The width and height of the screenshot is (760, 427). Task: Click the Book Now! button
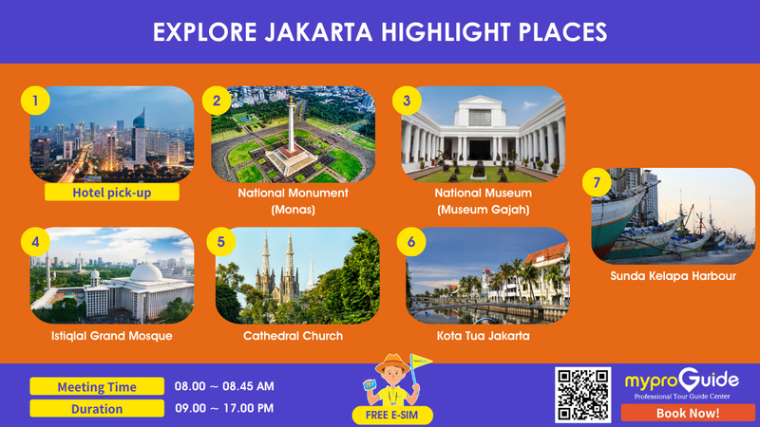[688, 413]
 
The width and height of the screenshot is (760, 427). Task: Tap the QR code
[582, 395]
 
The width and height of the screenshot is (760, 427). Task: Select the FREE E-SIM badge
[392, 415]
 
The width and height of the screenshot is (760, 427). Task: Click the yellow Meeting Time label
[97, 386]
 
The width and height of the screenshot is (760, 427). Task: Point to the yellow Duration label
[97, 409]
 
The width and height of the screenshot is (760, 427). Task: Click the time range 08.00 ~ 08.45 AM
[224, 386]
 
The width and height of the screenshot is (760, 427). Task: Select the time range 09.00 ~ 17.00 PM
[224, 408]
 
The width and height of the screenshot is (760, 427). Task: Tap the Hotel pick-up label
[112, 193]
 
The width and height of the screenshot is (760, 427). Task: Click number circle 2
[217, 101]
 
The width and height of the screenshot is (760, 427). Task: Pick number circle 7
[597, 182]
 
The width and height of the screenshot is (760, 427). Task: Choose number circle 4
[35, 242]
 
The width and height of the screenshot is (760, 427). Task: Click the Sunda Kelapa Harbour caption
[673, 276]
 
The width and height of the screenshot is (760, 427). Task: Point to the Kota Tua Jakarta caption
[483, 336]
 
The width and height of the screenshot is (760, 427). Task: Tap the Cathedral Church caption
[293, 336]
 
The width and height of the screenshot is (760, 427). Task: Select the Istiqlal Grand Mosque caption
[111, 336]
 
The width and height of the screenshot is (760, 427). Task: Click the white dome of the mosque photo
[146, 273]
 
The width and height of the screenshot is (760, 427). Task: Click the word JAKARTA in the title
[318, 32]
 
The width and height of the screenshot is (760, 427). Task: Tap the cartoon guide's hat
[392, 363]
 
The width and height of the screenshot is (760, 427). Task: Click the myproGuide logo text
[682, 381]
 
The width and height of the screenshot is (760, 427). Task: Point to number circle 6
[411, 242]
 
